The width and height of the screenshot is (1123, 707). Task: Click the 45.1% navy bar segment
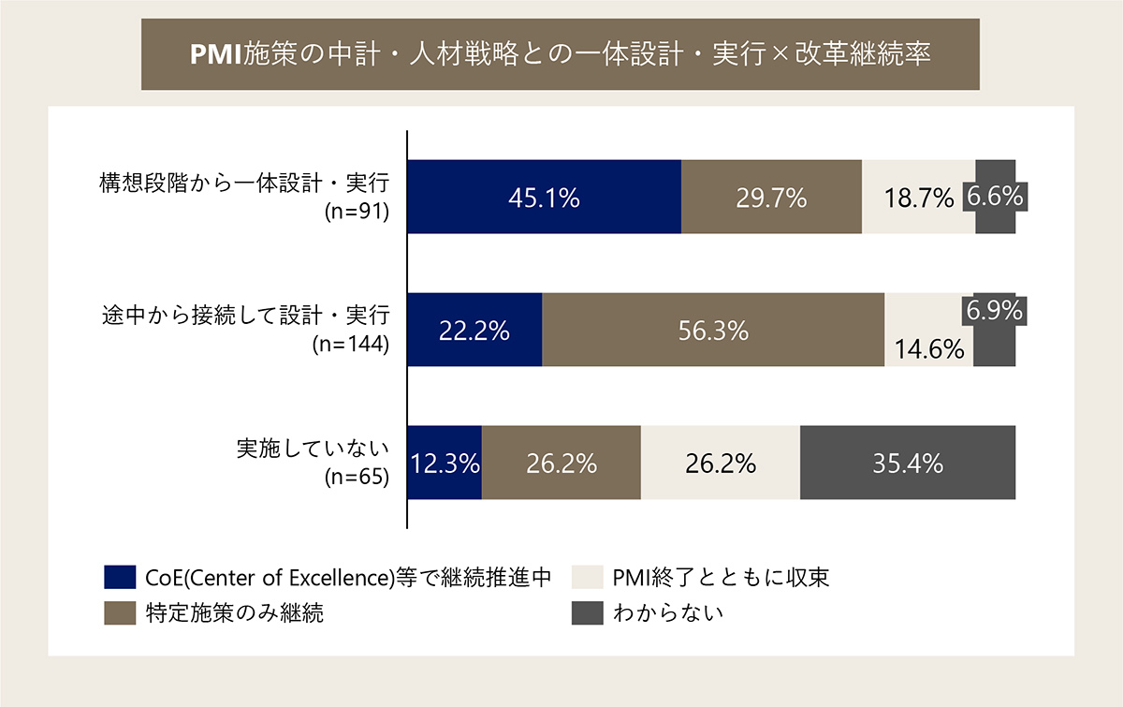(544, 197)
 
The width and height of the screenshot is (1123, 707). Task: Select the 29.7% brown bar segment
(771, 197)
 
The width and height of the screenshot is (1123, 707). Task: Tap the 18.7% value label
(918, 198)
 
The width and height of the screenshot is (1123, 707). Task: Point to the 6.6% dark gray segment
(996, 197)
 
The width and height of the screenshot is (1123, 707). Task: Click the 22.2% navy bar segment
(474, 330)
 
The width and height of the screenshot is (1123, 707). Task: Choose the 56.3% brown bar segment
(713, 330)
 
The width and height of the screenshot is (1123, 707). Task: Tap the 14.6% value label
(929, 349)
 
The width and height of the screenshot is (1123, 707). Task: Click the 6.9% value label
(994, 310)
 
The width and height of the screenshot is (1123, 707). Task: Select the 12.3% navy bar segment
(445, 463)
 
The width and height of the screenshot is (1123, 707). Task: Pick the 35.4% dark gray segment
(908, 463)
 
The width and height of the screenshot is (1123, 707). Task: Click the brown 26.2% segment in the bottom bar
(561, 463)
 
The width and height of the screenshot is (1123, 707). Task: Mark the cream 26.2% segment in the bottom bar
(720, 463)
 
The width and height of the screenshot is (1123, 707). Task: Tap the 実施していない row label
(313, 448)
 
